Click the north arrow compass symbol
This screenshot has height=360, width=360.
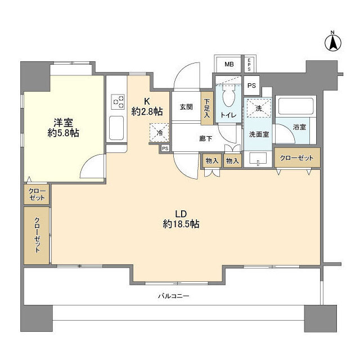tap(333, 40)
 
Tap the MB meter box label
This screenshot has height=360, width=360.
tap(229, 64)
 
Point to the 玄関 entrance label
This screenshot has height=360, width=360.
tap(187, 107)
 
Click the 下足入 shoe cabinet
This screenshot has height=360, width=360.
tap(206, 107)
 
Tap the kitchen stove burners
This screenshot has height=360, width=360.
tap(119, 101)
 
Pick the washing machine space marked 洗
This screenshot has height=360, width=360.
tap(259, 109)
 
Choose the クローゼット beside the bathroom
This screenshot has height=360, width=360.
tap(298, 158)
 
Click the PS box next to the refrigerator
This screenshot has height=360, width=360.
tap(165, 148)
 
